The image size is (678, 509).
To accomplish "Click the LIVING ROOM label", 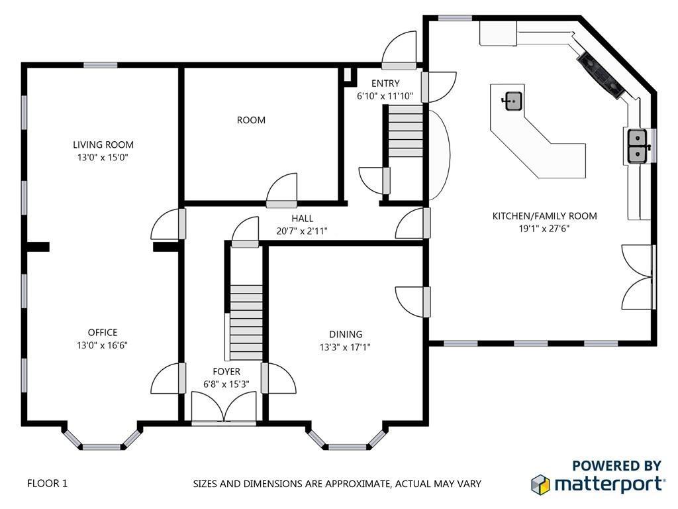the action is pos(103,144).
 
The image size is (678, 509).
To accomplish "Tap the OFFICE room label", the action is pos(103,333).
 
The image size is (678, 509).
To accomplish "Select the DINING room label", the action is pos(346,334).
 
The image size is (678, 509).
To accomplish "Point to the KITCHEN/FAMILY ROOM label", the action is pos(544,216).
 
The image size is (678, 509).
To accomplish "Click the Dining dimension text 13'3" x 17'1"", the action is pos(345,347).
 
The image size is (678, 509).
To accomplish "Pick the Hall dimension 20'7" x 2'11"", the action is pos(302,231).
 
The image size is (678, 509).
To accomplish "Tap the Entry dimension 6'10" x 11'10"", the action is pos(385,96).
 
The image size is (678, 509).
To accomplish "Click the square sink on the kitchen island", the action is pos(513,101).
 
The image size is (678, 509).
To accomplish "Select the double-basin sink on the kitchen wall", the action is pos(638,146).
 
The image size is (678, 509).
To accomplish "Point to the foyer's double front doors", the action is pos(224,407).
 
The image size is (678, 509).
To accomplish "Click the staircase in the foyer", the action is pos(246,322).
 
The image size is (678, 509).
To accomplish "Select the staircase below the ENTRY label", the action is pos(405,131).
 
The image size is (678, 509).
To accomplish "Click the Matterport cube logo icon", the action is pos(540,484).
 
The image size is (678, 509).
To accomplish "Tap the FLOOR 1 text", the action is pos(48,483).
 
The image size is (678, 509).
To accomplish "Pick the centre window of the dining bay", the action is pos(347,447).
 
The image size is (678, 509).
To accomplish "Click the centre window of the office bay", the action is pos(102,447).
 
